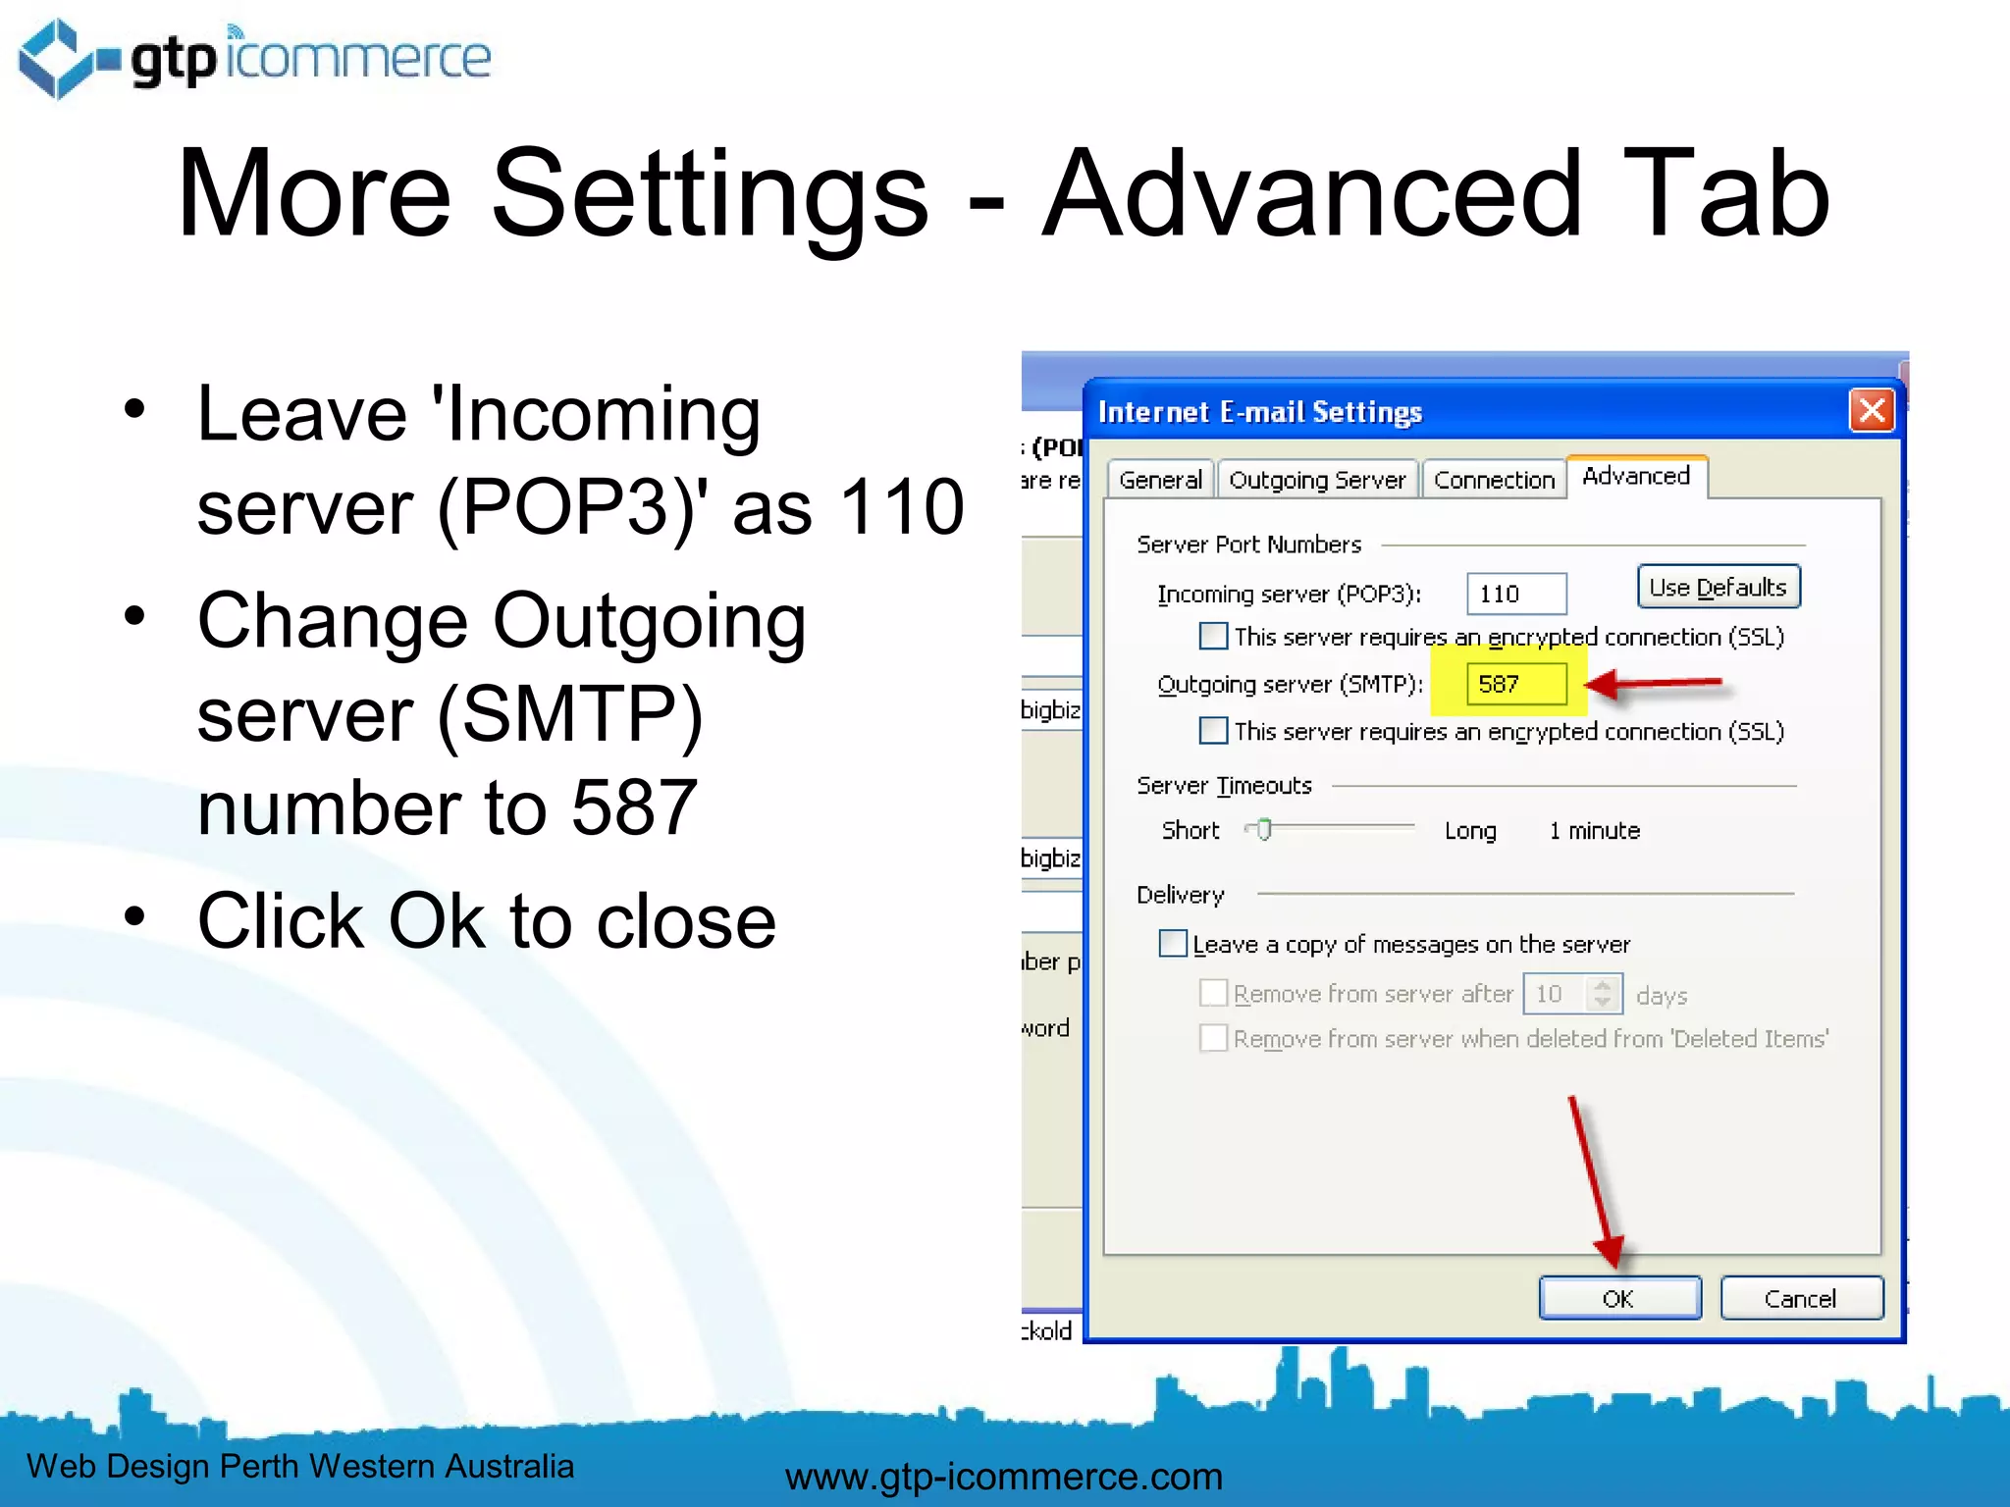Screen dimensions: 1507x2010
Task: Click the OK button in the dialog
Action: [1618, 1298]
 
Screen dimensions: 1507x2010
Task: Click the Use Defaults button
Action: [1718, 588]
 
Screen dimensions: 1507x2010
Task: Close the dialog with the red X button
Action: [1872, 410]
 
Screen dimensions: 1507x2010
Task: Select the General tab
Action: [1160, 480]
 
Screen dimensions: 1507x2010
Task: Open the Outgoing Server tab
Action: [1317, 480]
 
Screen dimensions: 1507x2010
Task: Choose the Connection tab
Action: [1494, 480]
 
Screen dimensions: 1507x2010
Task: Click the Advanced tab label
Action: [1636, 476]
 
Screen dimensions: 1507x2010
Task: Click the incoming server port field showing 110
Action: [1515, 594]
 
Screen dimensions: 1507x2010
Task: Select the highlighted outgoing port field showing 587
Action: [1514, 684]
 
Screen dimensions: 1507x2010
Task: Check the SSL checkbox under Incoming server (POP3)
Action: [1213, 637]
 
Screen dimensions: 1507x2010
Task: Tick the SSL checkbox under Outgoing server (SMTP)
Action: [1213, 731]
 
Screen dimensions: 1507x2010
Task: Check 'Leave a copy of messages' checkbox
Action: [1173, 944]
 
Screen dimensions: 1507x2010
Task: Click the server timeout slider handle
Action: [1264, 830]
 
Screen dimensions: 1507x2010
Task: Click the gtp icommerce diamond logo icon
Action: [57, 59]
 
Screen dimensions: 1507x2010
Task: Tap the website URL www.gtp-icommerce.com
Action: [1004, 1477]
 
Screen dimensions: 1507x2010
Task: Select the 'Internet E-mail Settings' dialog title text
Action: [1259, 412]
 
